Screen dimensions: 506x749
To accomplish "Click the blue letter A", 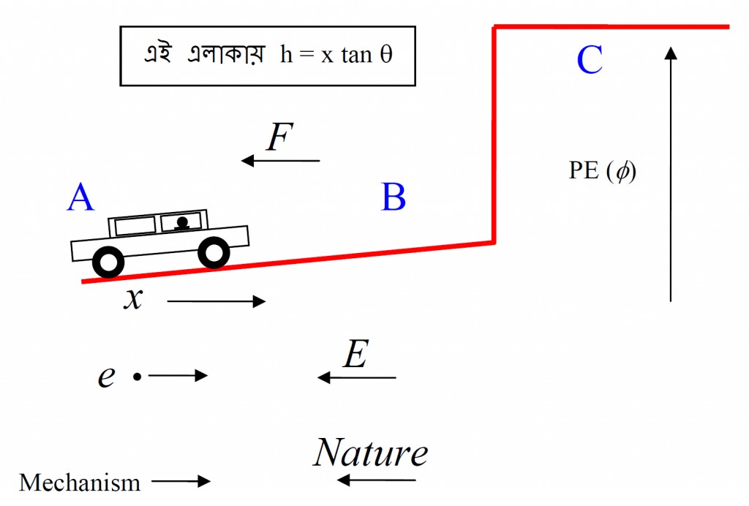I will coord(81,197).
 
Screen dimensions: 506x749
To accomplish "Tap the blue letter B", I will coord(394,197).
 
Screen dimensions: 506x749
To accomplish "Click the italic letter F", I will coord(279,137).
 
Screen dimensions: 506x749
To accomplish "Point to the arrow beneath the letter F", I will coord(281,160).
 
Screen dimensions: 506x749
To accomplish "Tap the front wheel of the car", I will coord(214,253).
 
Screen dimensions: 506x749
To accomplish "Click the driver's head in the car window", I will coord(183,221).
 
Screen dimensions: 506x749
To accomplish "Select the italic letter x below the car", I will coord(132,299).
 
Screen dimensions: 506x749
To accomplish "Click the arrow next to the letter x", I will coord(216,301).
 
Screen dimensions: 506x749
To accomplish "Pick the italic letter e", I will coord(107,377).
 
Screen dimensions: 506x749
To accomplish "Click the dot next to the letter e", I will coord(137,377).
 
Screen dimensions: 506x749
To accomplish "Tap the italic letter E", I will coord(355,356).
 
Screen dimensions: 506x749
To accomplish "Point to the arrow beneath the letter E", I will coord(357,377).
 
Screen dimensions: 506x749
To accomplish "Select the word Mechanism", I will coord(80,483).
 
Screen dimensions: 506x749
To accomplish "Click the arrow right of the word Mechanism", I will coord(181,481).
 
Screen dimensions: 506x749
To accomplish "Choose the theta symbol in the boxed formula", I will coord(386,56).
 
